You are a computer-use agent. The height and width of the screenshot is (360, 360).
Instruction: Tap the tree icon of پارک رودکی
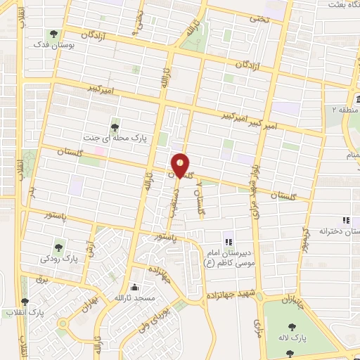(x=59, y=246)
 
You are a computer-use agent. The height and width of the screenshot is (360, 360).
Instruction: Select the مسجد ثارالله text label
(x=134, y=299)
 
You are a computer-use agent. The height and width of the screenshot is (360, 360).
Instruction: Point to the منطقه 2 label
(x=345, y=110)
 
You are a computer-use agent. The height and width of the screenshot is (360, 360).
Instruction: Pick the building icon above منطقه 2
(x=350, y=98)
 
